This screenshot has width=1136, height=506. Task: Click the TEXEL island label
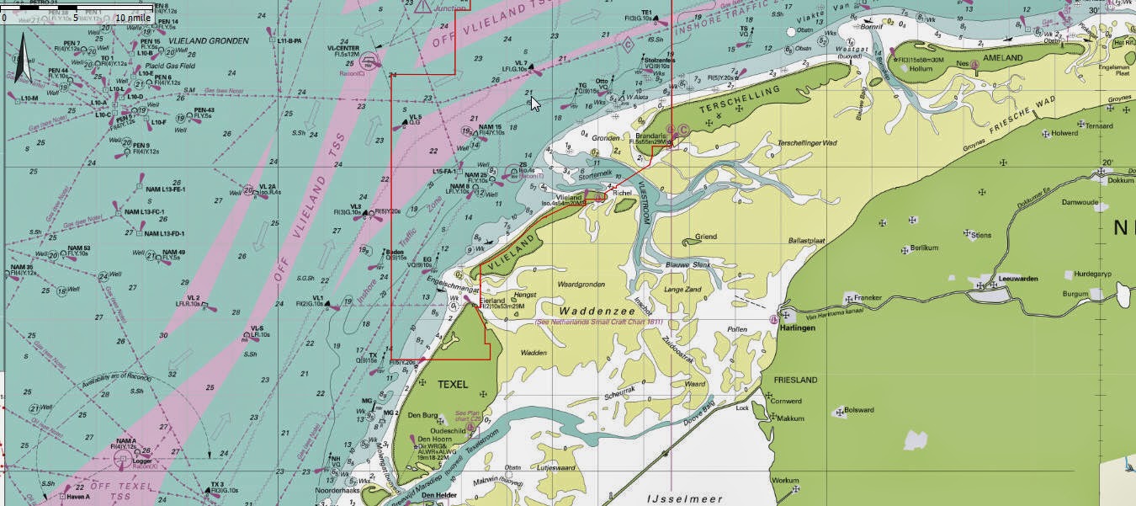tap(453, 385)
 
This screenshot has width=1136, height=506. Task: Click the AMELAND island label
tap(1001, 58)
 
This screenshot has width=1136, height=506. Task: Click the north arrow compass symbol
tap(24, 58)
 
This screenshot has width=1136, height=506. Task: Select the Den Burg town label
tap(423, 415)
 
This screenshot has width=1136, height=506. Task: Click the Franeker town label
tap(868, 297)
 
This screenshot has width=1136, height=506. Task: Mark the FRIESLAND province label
tap(795, 380)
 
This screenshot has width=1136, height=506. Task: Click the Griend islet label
tap(705, 237)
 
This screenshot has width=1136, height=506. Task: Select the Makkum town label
tap(790, 418)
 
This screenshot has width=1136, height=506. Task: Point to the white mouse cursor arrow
tap(534, 103)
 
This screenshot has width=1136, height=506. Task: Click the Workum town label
tap(785, 480)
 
